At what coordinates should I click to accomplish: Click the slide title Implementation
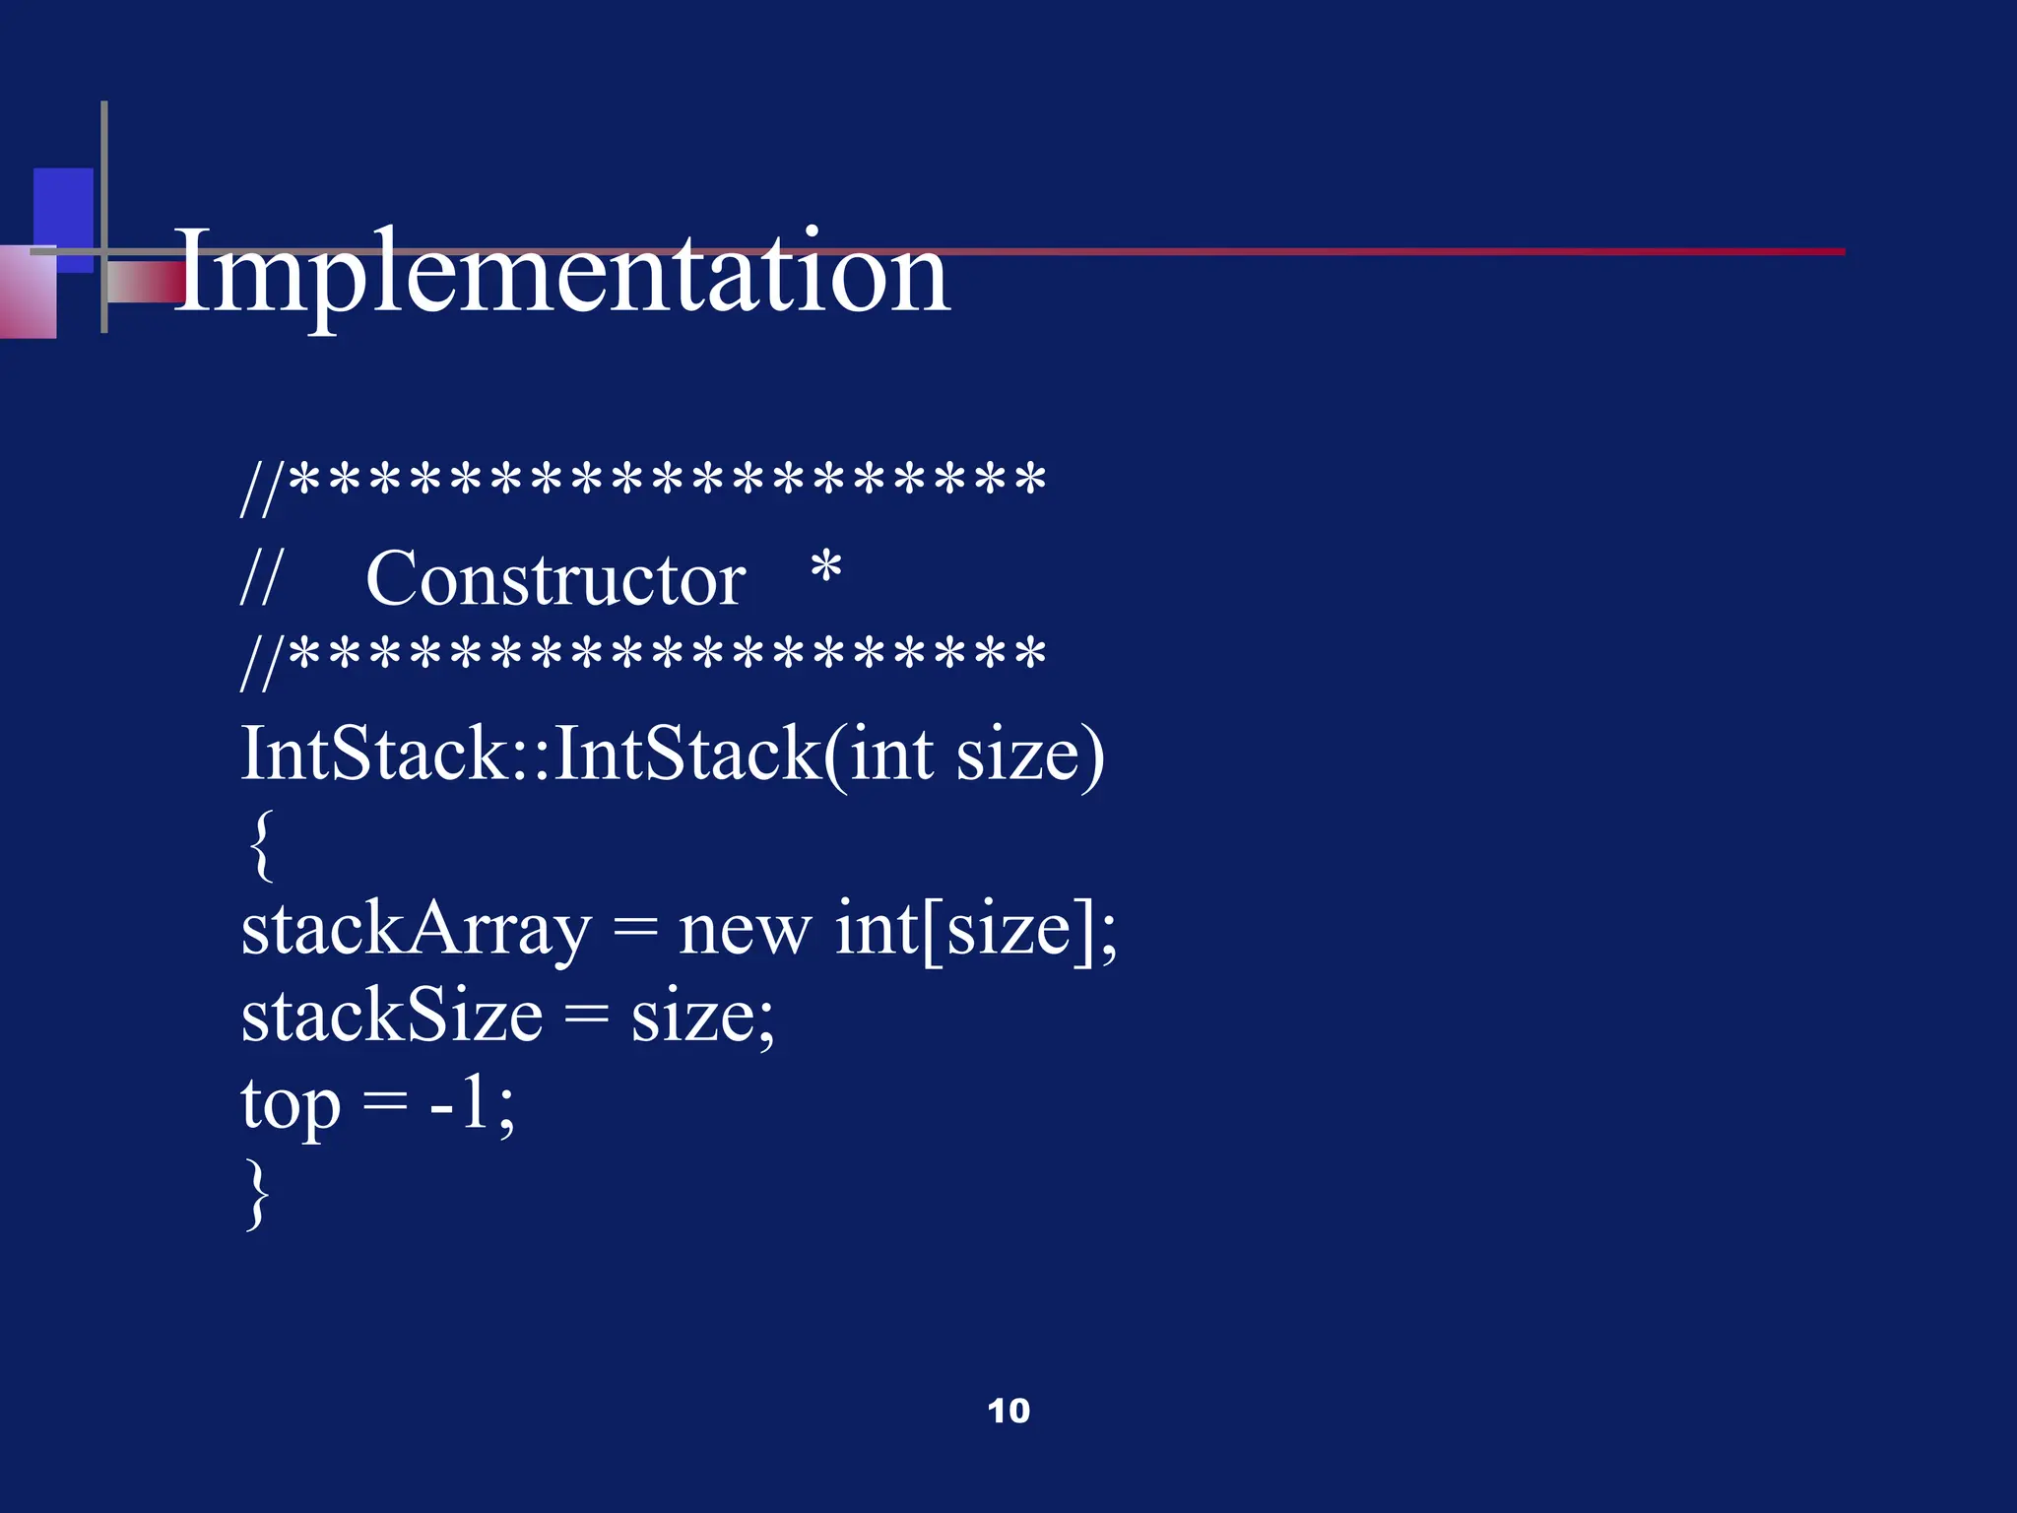click(x=561, y=272)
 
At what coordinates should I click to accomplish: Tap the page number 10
click(x=1008, y=1411)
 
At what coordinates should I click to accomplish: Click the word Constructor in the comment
click(x=554, y=579)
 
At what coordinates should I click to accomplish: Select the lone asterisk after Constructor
click(x=825, y=569)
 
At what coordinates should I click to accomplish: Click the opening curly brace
click(x=260, y=845)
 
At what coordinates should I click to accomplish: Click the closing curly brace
click(x=257, y=1194)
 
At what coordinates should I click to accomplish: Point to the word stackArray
click(x=416, y=930)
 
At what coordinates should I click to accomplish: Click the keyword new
click(x=745, y=930)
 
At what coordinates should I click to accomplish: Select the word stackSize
click(x=392, y=1017)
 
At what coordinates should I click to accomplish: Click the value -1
click(x=461, y=1103)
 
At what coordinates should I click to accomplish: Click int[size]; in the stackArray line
click(x=975, y=930)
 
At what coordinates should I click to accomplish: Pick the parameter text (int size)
click(x=965, y=755)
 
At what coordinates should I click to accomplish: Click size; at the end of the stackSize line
click(x=702, y=1017)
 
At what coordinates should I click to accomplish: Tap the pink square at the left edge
click(x=27, y=294)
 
